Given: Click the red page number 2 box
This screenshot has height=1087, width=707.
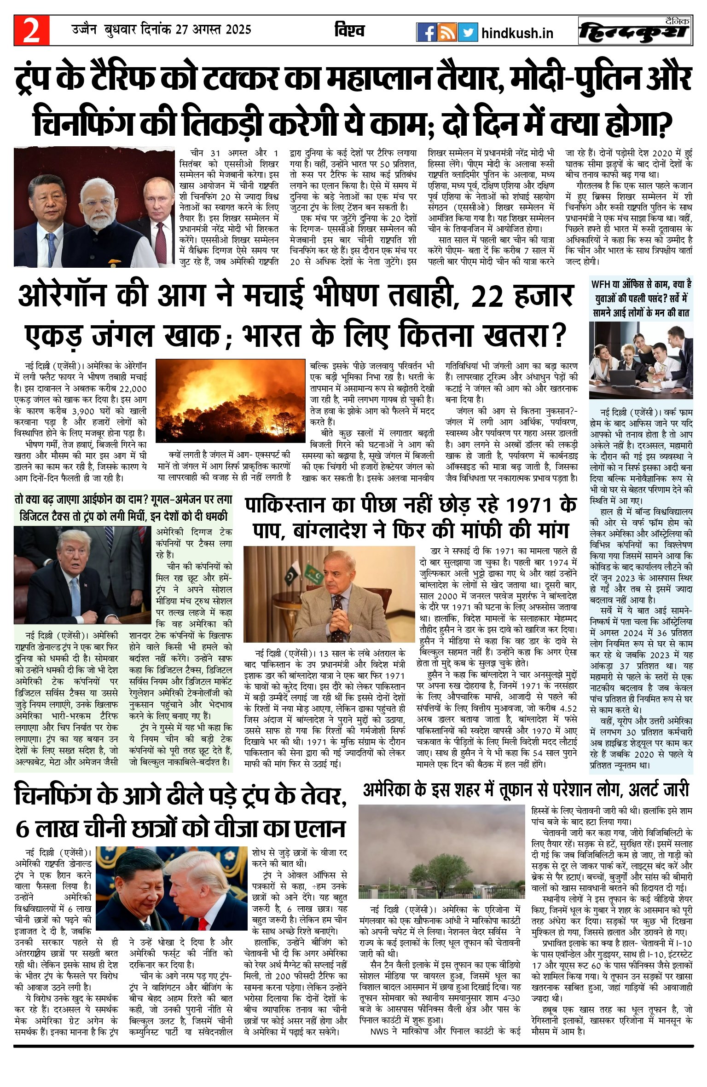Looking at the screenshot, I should point(31,31).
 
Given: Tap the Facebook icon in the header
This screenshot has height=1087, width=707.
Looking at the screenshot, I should point(426,32).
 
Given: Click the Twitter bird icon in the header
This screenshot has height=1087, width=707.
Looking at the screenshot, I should point(468,32).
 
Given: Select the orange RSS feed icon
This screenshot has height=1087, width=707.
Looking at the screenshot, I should point(447,32).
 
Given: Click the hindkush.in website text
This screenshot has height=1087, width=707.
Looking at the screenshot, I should point(517,33).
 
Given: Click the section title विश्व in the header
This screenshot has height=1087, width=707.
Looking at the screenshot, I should point(349,31).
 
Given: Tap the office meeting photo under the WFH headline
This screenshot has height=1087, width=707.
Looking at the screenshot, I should point(641,360).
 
